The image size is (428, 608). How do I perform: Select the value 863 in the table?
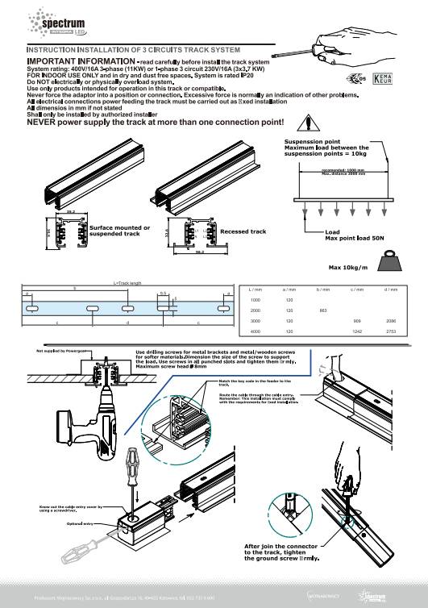[321, 310]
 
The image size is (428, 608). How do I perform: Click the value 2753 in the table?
[390, 331]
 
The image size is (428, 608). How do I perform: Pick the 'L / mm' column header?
[257, 289]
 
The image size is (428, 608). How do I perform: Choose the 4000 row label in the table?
[256, 331]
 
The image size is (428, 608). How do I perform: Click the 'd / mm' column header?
[390, 289]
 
